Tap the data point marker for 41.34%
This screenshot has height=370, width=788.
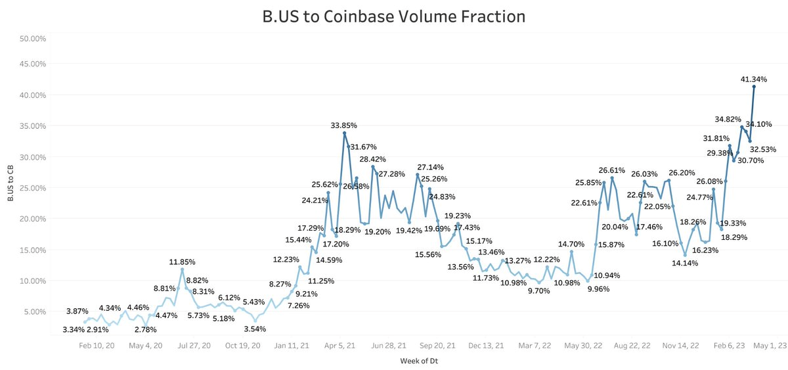click(754, 86)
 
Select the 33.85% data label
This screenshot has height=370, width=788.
click(345, 125)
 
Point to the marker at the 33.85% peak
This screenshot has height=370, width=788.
click(344, 133)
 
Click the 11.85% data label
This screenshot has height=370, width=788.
click(183, 262)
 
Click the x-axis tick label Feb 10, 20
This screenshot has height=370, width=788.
click(97, 345)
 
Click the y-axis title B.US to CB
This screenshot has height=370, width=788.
click(10, 184)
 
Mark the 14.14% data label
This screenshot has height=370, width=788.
click(684, 263)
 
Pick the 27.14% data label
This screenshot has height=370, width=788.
click(431, 167)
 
